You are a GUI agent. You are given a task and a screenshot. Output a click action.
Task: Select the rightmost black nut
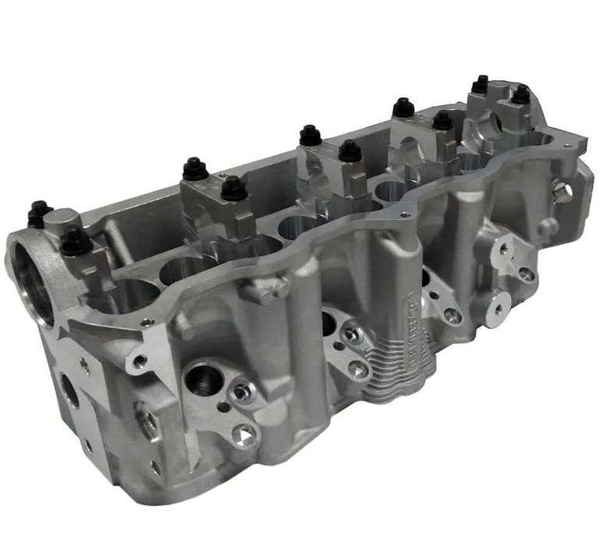click(x=520, y=94)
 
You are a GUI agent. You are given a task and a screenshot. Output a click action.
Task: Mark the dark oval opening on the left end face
click(x=69, y=390)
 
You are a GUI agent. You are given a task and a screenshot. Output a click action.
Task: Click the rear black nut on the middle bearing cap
click(x=310, y=135)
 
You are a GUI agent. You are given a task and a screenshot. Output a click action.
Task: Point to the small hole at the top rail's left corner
click(x=146, y=321)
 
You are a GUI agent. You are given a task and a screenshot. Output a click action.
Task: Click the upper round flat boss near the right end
click(x=503, y=249)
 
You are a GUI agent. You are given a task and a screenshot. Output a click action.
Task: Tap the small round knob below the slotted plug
click(x=550, y=228)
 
